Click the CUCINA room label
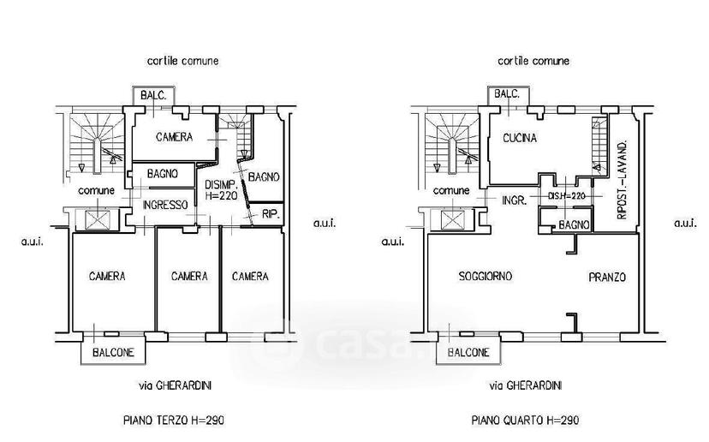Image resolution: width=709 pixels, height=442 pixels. [x=520, y=138]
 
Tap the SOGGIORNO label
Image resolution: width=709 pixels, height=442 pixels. [x=486, y=276]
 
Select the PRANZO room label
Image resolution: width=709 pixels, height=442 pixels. [x=607, y=277]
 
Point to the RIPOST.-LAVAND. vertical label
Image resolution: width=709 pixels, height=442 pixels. [x=623, y=180]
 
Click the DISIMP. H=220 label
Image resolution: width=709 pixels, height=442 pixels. [x=221, y=190]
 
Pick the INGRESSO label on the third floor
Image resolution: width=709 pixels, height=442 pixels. [x=165, y=205]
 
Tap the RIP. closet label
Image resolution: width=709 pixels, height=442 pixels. [x=271, y=214]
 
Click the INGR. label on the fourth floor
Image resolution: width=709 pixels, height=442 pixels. [x=514, y=200]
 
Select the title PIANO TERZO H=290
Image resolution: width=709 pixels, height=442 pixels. [x=174, y=421]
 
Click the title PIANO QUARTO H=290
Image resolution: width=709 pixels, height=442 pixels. [x=525, y=421]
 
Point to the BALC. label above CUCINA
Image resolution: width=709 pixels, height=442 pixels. [x=506, y=94]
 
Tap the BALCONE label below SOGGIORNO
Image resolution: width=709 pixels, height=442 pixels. [x=468, y=352]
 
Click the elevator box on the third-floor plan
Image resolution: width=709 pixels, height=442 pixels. [x=98, y=220]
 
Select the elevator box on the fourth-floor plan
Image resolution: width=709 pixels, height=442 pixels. [x=452, y=220]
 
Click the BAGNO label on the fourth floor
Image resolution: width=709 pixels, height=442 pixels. [x=574, y=224]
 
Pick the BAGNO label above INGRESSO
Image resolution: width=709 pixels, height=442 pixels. [x=163, y=173]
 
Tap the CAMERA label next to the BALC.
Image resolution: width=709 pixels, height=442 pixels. [x=174, y=137]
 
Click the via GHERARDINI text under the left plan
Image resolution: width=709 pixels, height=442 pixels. [x=175, y=385]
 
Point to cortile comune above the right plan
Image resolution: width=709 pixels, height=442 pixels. [x=533, y=61]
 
